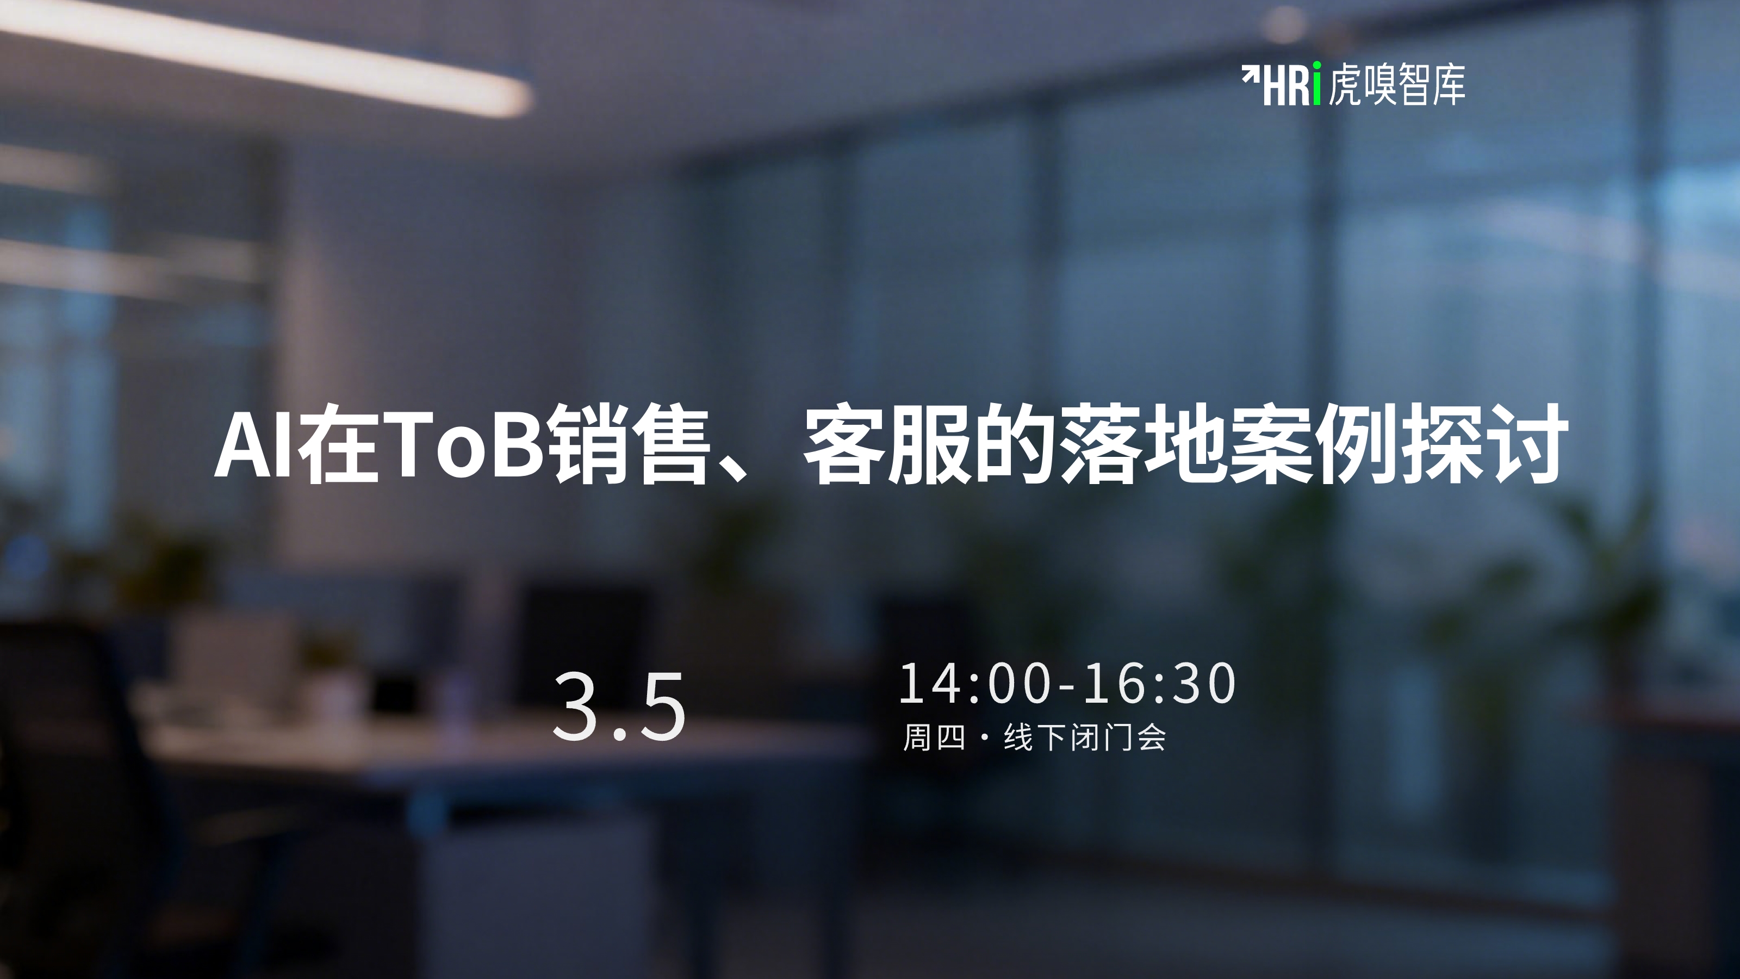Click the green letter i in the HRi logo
pyautogui.click(x=1316, y=84)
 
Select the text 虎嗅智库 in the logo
pyautogui.click(x=1397, y=84)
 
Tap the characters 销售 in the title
pyautogui.click(x=631, y=444)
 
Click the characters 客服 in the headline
pyautogui.click(x=886, y=444)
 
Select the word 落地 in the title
pyautogui.click(x=1139, y=444)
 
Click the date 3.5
pyautogui.click(x=619, y=706)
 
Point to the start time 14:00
pyautogui.click(x=975, y=683)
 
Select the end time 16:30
pyautogui.click(x=1160, y=683)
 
